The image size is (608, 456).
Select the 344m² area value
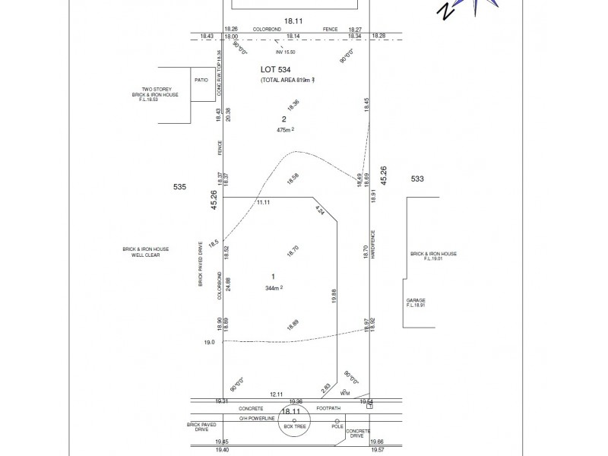click(274, 288)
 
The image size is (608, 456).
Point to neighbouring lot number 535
click(180, 185)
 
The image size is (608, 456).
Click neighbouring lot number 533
click(416, 179)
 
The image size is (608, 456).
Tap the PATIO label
click(201, 79)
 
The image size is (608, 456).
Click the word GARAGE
click(416, 300)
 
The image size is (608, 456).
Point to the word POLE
click(337, 426)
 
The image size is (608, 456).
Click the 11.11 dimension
click(264, 203)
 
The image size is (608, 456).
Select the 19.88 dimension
click(333, 296)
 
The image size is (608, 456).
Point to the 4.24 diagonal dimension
click(320, 212)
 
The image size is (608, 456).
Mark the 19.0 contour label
click(208, 343)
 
